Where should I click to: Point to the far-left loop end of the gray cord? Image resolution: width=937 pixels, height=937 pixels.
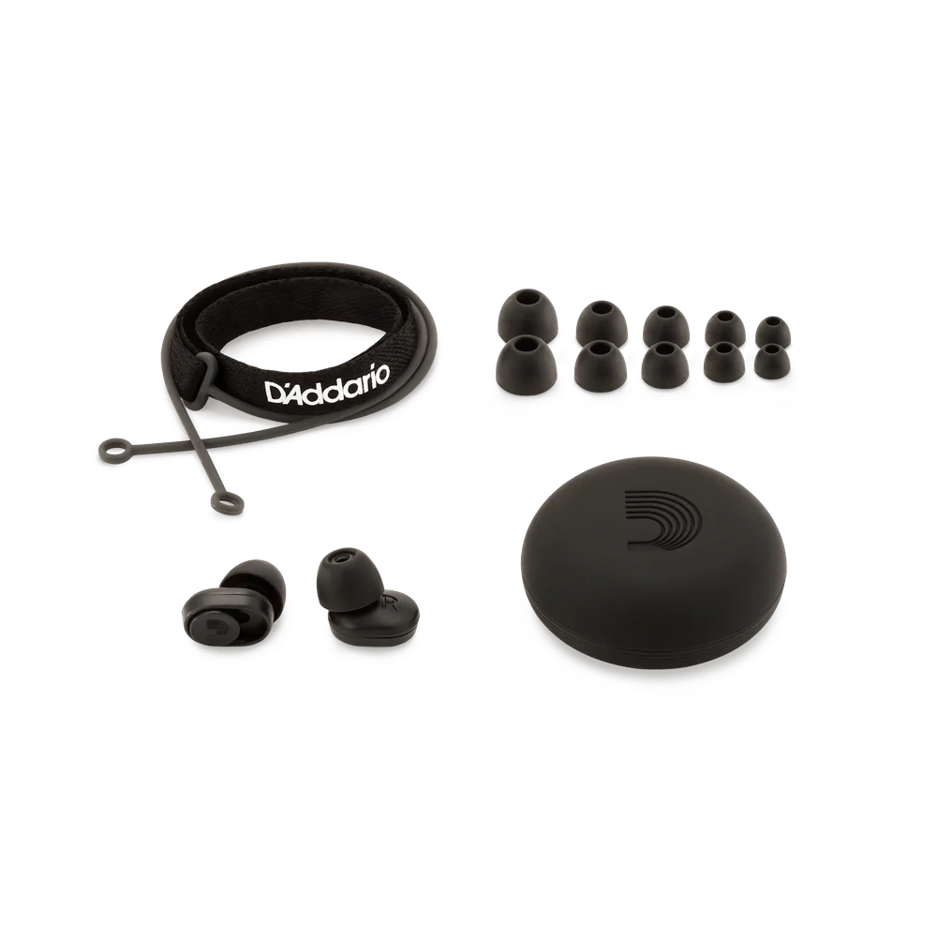(109, 454)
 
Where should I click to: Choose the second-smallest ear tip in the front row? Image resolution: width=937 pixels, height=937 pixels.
(724, 363)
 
